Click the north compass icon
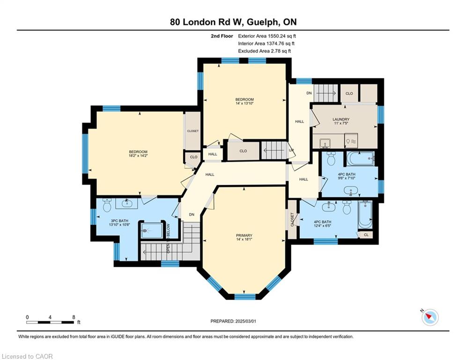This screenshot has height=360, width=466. point(430,317)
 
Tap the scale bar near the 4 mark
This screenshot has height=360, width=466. point(50,322)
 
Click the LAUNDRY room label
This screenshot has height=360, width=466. point(341,120)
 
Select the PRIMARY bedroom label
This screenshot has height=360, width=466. point(244,235)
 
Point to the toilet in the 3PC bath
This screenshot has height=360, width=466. point(107,205)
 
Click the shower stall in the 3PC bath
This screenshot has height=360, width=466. point(152,230)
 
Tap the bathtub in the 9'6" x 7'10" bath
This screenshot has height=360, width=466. point(360,158)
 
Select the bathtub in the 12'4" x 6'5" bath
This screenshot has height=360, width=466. point(365,215)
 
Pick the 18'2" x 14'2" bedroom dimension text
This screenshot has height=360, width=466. point(138,156)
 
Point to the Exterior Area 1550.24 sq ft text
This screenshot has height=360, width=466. point(267,36)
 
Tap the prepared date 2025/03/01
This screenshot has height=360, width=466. point(245,321)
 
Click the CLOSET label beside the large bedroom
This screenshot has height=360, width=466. point(192,131)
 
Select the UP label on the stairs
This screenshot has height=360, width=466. point(291,150)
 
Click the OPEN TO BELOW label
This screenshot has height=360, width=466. point(168,238)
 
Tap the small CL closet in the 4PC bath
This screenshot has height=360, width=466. point(366,235)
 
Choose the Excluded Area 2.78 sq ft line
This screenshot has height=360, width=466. point(265,51)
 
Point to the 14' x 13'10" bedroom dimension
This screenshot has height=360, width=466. point(244,103)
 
